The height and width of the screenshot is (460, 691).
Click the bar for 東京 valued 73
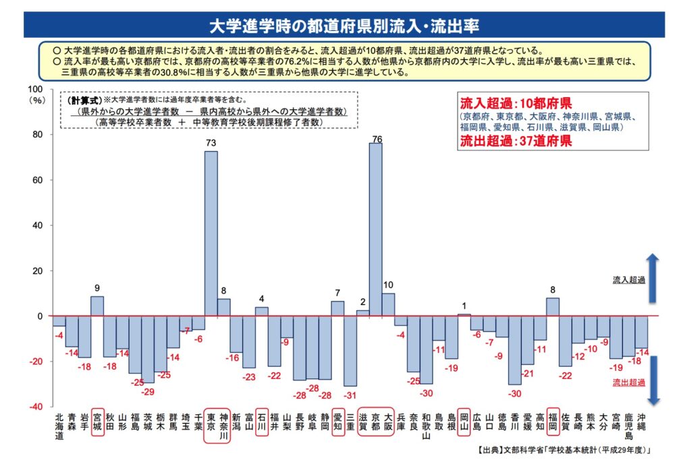click(x=211, y=233)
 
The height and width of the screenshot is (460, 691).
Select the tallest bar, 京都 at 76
click(x=375, y=229)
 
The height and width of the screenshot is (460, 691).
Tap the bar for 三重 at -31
click(x=350, y=351)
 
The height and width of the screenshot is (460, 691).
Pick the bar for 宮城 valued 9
click(x=97, y=306)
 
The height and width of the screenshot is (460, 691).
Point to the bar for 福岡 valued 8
click(x=553, y=307)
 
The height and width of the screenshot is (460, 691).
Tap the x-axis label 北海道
click(x=59, y=427)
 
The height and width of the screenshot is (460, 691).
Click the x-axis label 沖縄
click(x=642, y=423)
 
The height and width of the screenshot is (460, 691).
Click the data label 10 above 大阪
click(x=388, y=285)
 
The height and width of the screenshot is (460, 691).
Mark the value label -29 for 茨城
click(x=148, y=392)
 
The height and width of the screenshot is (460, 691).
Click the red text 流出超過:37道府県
click(x=516, y=141)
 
